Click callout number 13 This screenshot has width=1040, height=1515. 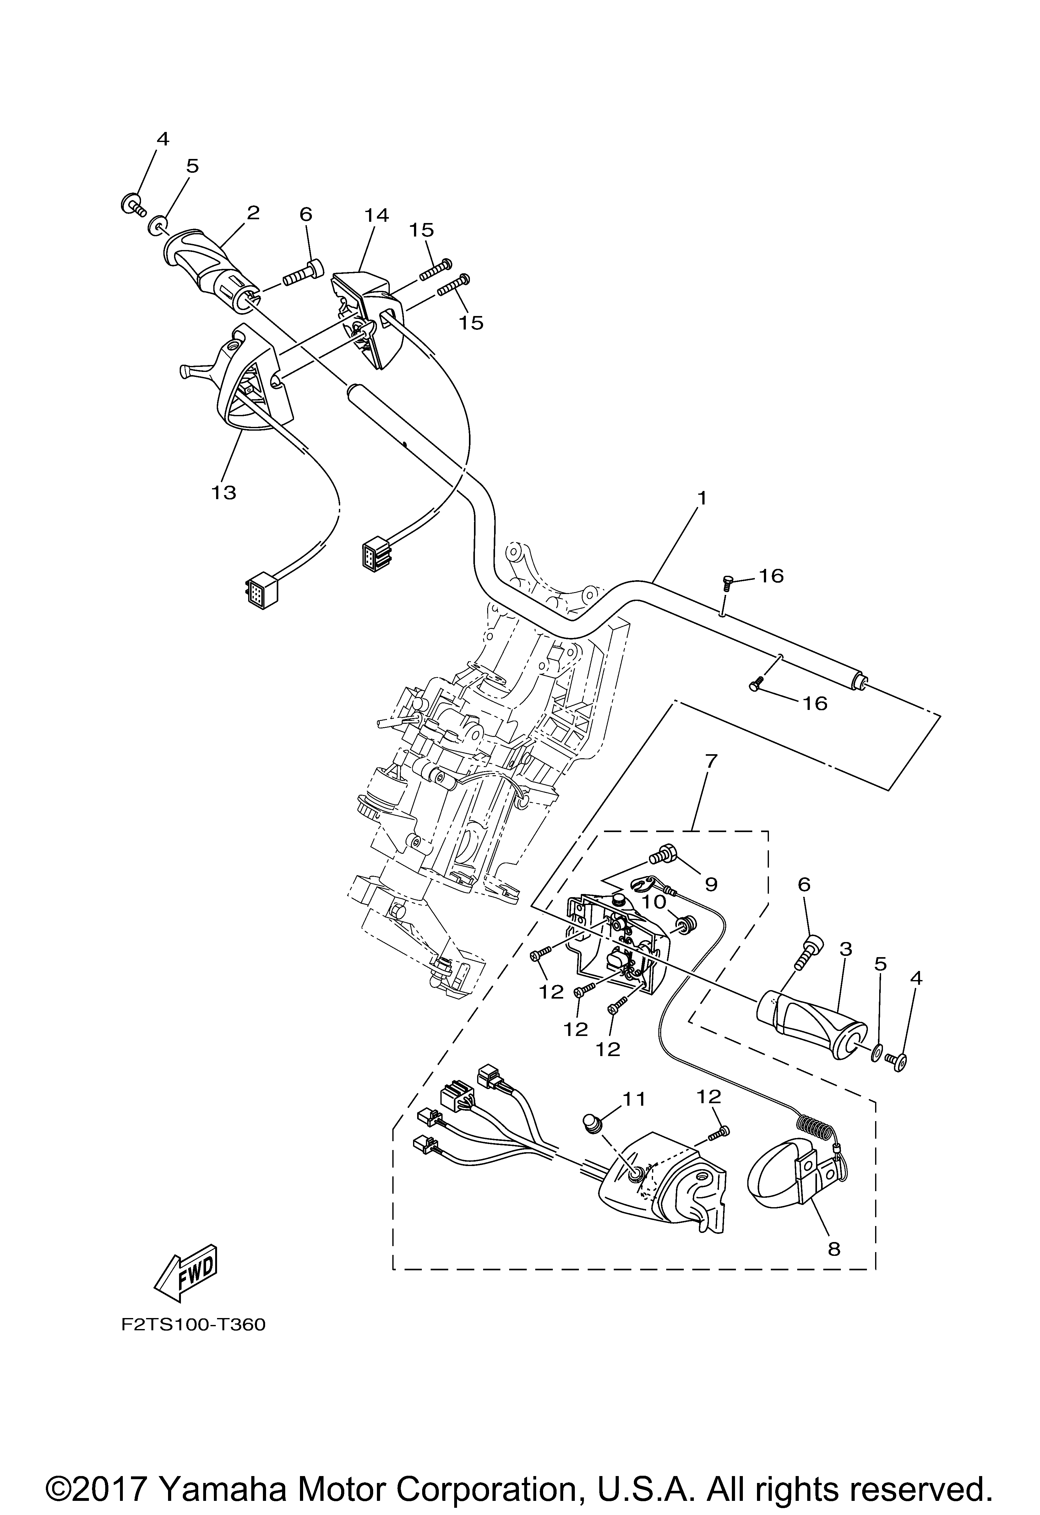(224, 492)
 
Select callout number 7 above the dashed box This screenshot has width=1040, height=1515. (711, 761)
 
